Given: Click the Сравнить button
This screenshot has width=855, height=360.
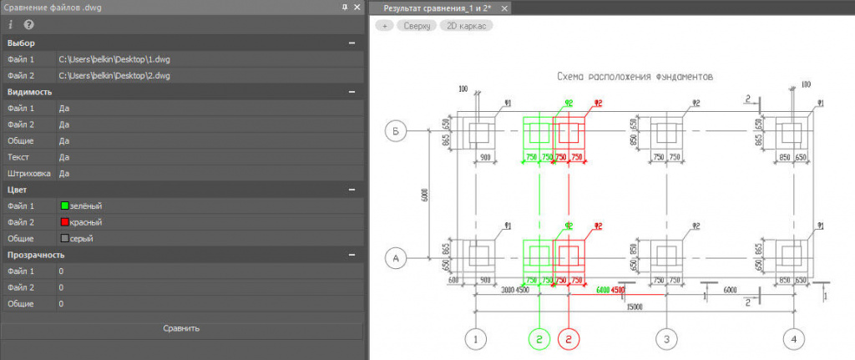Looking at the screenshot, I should coord(182,328).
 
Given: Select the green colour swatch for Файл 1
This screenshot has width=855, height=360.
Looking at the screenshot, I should coord(63,205).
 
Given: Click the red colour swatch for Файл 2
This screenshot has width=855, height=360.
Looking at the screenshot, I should coord(63,222).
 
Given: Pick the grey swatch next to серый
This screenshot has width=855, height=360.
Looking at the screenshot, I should coord(63,238).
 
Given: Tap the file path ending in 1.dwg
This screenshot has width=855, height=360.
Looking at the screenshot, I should coord(116,60).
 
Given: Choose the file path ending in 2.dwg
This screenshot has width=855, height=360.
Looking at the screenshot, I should coord(116,76).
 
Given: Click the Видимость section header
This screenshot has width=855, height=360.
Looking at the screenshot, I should coord(30,92).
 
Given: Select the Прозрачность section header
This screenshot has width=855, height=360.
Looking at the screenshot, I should coord(36,255).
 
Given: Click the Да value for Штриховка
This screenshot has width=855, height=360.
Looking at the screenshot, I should coord(64,173).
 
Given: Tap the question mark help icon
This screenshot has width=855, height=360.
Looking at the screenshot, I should coord(28,25).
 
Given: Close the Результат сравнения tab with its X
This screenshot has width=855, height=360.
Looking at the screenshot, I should coord(504,8).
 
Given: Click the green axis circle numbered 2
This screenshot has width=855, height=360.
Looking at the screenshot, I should coord(540,339).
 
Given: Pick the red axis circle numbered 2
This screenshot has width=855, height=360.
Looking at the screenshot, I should coord(569,339).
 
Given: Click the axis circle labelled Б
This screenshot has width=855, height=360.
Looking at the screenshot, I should coord(397,131).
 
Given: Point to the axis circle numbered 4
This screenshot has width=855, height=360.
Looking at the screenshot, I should coord(793,339).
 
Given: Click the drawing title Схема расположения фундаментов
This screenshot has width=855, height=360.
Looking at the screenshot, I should coord(635,76).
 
